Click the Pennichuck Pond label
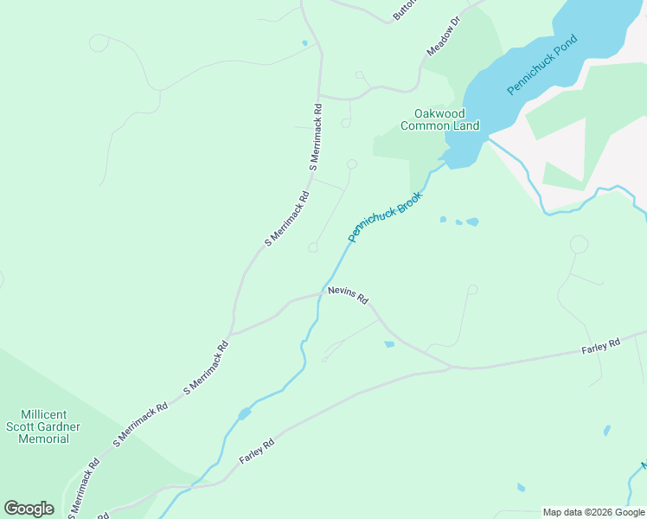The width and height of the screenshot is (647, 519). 541,66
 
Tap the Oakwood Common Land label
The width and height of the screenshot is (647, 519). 439,119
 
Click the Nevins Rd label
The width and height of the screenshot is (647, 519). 348,295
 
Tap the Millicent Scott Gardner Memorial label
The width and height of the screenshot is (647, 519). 44,426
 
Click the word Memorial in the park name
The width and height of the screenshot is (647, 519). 44,439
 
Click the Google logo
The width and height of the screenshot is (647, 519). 29,508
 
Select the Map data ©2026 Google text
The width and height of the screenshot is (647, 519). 593,512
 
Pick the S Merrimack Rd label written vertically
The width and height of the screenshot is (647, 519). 317,136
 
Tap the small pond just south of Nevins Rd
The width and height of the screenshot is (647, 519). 389,344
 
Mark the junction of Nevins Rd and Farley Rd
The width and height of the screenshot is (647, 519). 450,368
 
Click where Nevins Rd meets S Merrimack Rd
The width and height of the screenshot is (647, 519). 231,333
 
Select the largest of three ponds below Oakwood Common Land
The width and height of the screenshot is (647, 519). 472,222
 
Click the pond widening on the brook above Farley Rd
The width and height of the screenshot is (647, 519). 245,413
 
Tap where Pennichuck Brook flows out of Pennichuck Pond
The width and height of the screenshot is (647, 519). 446,157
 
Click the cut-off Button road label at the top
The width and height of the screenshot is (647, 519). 404,9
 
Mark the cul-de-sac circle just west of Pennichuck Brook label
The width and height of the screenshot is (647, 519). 313,248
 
